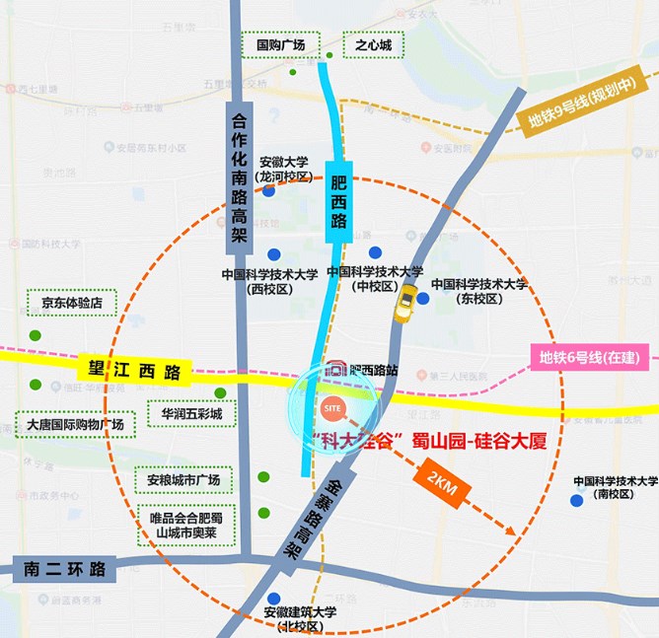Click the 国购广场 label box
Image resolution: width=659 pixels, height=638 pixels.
click(x=281, y=44)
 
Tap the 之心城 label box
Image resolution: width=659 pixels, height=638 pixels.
click(x=374, y=44)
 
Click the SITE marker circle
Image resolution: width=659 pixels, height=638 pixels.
click(x=332, y=406)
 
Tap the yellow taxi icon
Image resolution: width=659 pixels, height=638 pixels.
click(x=404, y=308)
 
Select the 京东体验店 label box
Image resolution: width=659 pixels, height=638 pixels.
click(x=72, y=303)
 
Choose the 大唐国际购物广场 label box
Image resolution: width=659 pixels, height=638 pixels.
click(x=75, y=425)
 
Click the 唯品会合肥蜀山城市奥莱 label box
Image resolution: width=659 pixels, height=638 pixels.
click(x=185, y=526)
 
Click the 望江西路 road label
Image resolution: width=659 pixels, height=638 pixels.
click(x=131, y=372)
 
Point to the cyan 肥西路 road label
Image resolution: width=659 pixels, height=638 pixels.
click(x=339, y=202)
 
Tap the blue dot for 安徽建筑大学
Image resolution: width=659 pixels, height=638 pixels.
click(x=273, y=597)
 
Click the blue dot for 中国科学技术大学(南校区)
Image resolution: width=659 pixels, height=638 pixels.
click(x=576, y=501)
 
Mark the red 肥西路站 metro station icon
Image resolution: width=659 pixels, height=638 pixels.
click(x=335, y=370)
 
